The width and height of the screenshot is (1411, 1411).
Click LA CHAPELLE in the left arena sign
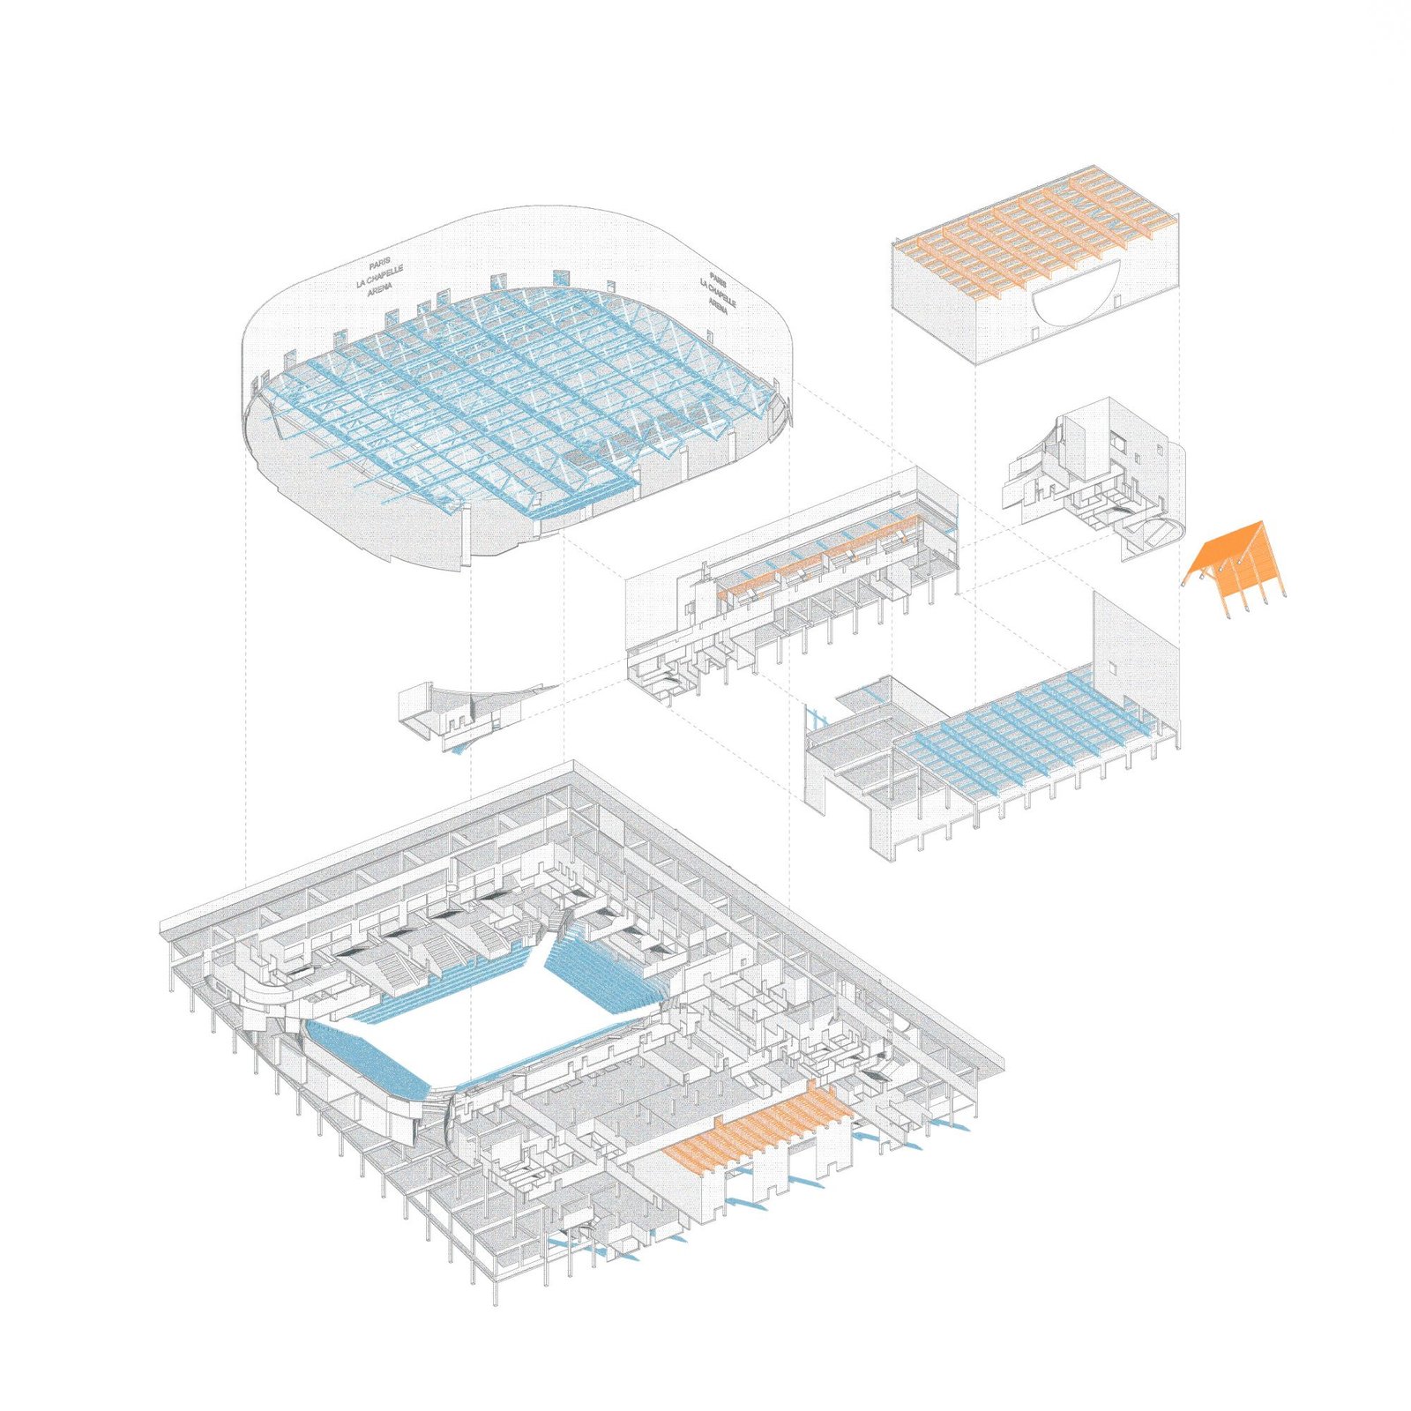point(380,276)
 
